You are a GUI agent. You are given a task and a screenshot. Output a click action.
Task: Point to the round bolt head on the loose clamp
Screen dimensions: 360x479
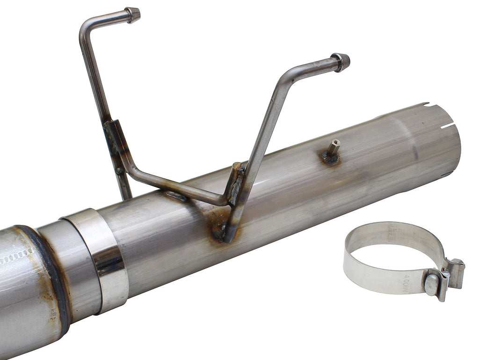pyautogui.click(x=431, y=284)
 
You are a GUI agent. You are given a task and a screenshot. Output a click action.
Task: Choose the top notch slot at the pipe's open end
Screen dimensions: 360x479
pyautogui.click(x=425, y=104)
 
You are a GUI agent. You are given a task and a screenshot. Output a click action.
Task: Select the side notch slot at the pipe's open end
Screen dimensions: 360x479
pyautogui.click(x=448, y=125)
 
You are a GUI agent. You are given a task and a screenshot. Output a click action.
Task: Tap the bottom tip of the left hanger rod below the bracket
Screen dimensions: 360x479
pyautogui.click(x=126, y=194)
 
